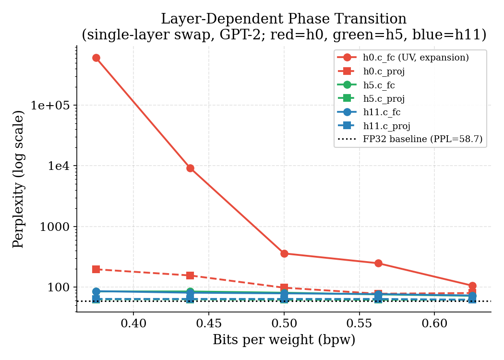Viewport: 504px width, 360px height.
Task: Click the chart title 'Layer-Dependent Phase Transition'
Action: (x=283, y=19)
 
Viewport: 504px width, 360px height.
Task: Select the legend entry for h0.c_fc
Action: (x=415, y=58)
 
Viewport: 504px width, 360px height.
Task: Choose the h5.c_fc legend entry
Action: (x=379, y=85)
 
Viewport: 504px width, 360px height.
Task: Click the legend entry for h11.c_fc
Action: (x=381, y=112)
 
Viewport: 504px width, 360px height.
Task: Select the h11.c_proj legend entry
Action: (x=386, y=126)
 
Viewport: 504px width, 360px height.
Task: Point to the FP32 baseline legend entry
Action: (x=422, y=140)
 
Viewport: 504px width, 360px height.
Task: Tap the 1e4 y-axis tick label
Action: (x=60, y=166)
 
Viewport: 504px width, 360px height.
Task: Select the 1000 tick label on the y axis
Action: (x=56, y=227)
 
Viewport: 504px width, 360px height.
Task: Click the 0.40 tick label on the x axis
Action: (x=133, y=324)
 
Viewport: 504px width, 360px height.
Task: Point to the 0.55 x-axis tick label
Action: (x=359, y=324)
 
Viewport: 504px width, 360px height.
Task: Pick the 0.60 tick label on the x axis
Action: (x=434, y=324)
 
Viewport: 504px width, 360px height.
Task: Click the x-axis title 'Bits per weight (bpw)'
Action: (x=284, y=340)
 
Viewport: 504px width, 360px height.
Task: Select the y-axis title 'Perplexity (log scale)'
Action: (x=19, y=179)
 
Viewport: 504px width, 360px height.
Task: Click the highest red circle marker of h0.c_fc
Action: (x=96, y=58)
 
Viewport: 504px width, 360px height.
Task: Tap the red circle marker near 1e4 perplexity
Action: (x=190, y=168)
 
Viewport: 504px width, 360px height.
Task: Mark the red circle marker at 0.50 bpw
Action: (x=284, y=253)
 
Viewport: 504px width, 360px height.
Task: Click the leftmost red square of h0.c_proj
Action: (x=96, y=269)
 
